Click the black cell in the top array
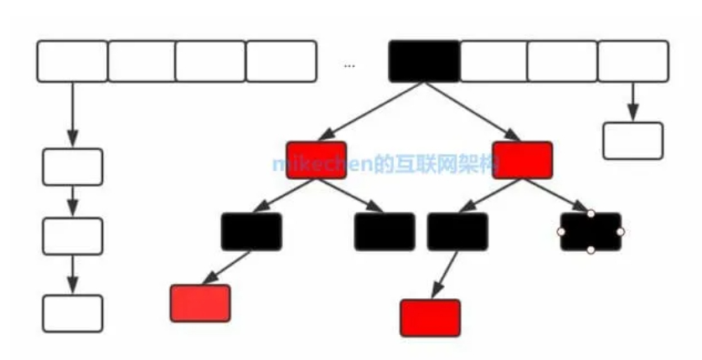424,60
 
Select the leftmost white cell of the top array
72,60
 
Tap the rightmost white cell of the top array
633,60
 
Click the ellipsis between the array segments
349,64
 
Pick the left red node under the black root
316,159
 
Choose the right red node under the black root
522,159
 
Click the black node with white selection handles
591,232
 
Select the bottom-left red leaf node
199,303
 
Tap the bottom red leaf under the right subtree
430,317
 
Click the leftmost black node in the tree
251,232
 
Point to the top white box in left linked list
73,167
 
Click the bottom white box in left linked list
73,313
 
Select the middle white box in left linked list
73,236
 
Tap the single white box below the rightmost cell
632,141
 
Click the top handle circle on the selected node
591,213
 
